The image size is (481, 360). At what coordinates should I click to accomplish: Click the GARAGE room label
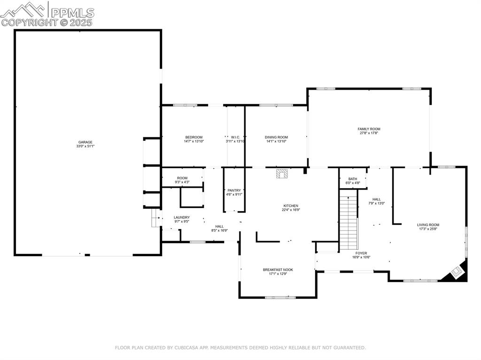85,142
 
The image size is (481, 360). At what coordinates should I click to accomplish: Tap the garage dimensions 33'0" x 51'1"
85,146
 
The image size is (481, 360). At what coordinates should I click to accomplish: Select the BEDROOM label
194,137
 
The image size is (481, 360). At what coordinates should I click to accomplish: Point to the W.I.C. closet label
235,137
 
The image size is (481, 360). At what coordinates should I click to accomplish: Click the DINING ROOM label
276,137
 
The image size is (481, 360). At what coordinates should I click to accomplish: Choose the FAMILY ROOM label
369,129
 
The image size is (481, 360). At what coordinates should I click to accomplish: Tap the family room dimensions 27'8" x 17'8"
369,133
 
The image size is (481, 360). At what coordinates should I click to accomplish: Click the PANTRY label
234,190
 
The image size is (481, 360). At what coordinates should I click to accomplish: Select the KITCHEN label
291,206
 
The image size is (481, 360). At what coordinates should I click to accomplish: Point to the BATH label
352,179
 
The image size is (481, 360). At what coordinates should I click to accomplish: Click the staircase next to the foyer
348,223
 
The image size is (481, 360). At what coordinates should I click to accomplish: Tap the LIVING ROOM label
428,225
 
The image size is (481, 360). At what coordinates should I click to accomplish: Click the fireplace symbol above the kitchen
282,174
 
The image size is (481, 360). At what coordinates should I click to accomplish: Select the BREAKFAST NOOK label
278,269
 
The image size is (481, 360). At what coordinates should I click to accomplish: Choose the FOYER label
361,253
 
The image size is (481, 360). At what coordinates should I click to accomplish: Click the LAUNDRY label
181,217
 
